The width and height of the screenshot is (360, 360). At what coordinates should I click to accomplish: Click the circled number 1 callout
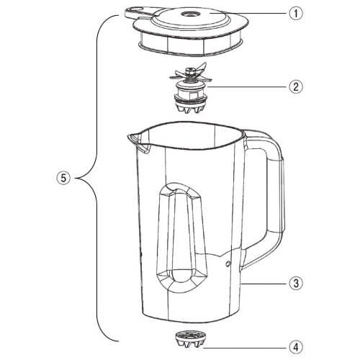coord(296,13)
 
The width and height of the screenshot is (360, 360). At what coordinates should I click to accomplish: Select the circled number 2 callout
coord(296,86)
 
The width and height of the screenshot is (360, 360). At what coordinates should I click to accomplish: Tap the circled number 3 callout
coord(296,284)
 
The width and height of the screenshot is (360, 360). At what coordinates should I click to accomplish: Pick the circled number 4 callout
coord(296,347)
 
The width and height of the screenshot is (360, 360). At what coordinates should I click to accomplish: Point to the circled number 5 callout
coord(63,178)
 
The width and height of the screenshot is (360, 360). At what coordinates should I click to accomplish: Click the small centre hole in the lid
coord(188,14)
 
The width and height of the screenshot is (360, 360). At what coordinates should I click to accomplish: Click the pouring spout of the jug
coord(138,143)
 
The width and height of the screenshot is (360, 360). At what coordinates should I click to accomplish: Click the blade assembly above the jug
coord(191,88)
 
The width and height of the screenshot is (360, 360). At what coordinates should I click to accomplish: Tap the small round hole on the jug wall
coord(228,264)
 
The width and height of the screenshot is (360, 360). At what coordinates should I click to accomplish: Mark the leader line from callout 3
coord(265,284)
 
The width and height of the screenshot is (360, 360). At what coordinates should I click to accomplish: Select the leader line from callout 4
coord(246,348)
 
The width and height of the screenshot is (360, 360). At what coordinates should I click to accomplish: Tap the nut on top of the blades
coord(191,71)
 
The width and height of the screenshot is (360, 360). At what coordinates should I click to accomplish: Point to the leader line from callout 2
coord(248,87)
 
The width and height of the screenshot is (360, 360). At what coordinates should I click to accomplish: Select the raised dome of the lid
coord(189,18)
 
